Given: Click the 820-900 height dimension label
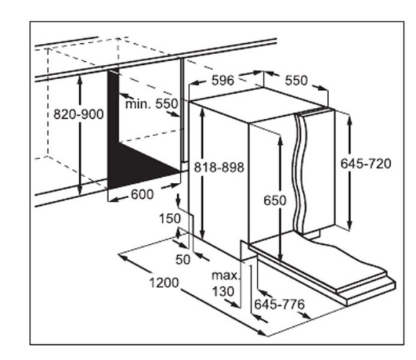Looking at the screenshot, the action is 78,114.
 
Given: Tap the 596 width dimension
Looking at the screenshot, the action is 223,80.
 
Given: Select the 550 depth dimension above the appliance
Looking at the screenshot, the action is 297,80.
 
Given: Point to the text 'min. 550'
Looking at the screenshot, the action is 151,104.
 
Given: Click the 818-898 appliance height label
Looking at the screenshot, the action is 219,168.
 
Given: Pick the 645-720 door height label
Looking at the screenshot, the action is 366,163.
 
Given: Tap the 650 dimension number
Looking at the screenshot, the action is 275,200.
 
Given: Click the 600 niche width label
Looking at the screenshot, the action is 143,194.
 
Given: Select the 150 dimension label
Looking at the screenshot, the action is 170,219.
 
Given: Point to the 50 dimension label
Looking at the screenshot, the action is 183,259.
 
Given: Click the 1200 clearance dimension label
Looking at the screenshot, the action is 164,283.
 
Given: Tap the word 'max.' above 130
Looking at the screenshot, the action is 225,276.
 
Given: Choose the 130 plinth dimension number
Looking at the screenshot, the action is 223,292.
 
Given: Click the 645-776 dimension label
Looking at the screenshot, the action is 279,305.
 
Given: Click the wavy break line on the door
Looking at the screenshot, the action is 300,174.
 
